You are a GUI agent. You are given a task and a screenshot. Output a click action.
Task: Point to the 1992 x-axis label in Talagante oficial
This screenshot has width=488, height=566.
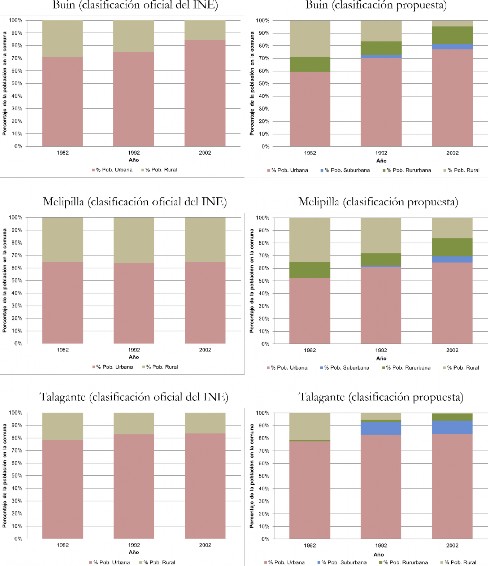132,545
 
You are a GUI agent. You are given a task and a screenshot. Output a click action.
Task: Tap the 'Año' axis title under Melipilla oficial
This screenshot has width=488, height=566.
132,357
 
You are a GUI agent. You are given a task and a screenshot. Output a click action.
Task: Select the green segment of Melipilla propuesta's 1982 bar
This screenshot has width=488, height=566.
310,270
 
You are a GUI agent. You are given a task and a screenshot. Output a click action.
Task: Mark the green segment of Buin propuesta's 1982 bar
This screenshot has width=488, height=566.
310,64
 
